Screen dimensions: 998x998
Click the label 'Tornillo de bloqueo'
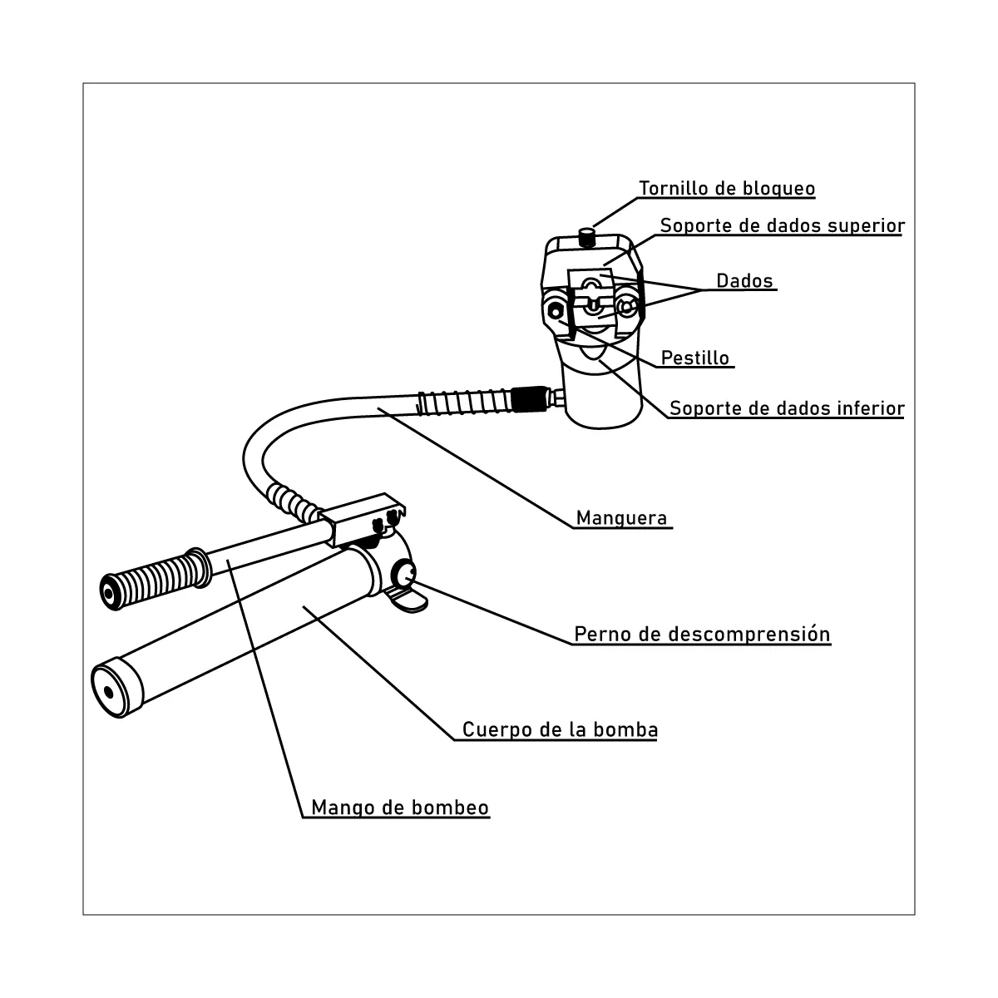(727, 188)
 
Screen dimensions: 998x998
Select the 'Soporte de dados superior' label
(782, 225)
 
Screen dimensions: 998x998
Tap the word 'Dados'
(744, 281)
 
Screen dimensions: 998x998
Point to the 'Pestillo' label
(695, 358)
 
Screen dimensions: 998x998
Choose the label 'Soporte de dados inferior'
(787, 408)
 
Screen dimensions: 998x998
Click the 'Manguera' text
(621, 518)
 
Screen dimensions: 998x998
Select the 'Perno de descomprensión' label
(702, 634)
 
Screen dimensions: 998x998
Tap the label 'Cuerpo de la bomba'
(560, 729)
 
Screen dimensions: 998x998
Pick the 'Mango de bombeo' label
(400, 808)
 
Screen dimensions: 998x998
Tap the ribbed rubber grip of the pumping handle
(156, 579)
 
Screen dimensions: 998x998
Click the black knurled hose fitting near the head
(530, 399)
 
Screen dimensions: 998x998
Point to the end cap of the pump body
(117, 687)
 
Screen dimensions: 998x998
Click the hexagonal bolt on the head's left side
(556, 311)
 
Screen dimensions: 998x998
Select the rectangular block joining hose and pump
(362, 518)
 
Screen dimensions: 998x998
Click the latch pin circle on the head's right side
(626, 308)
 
